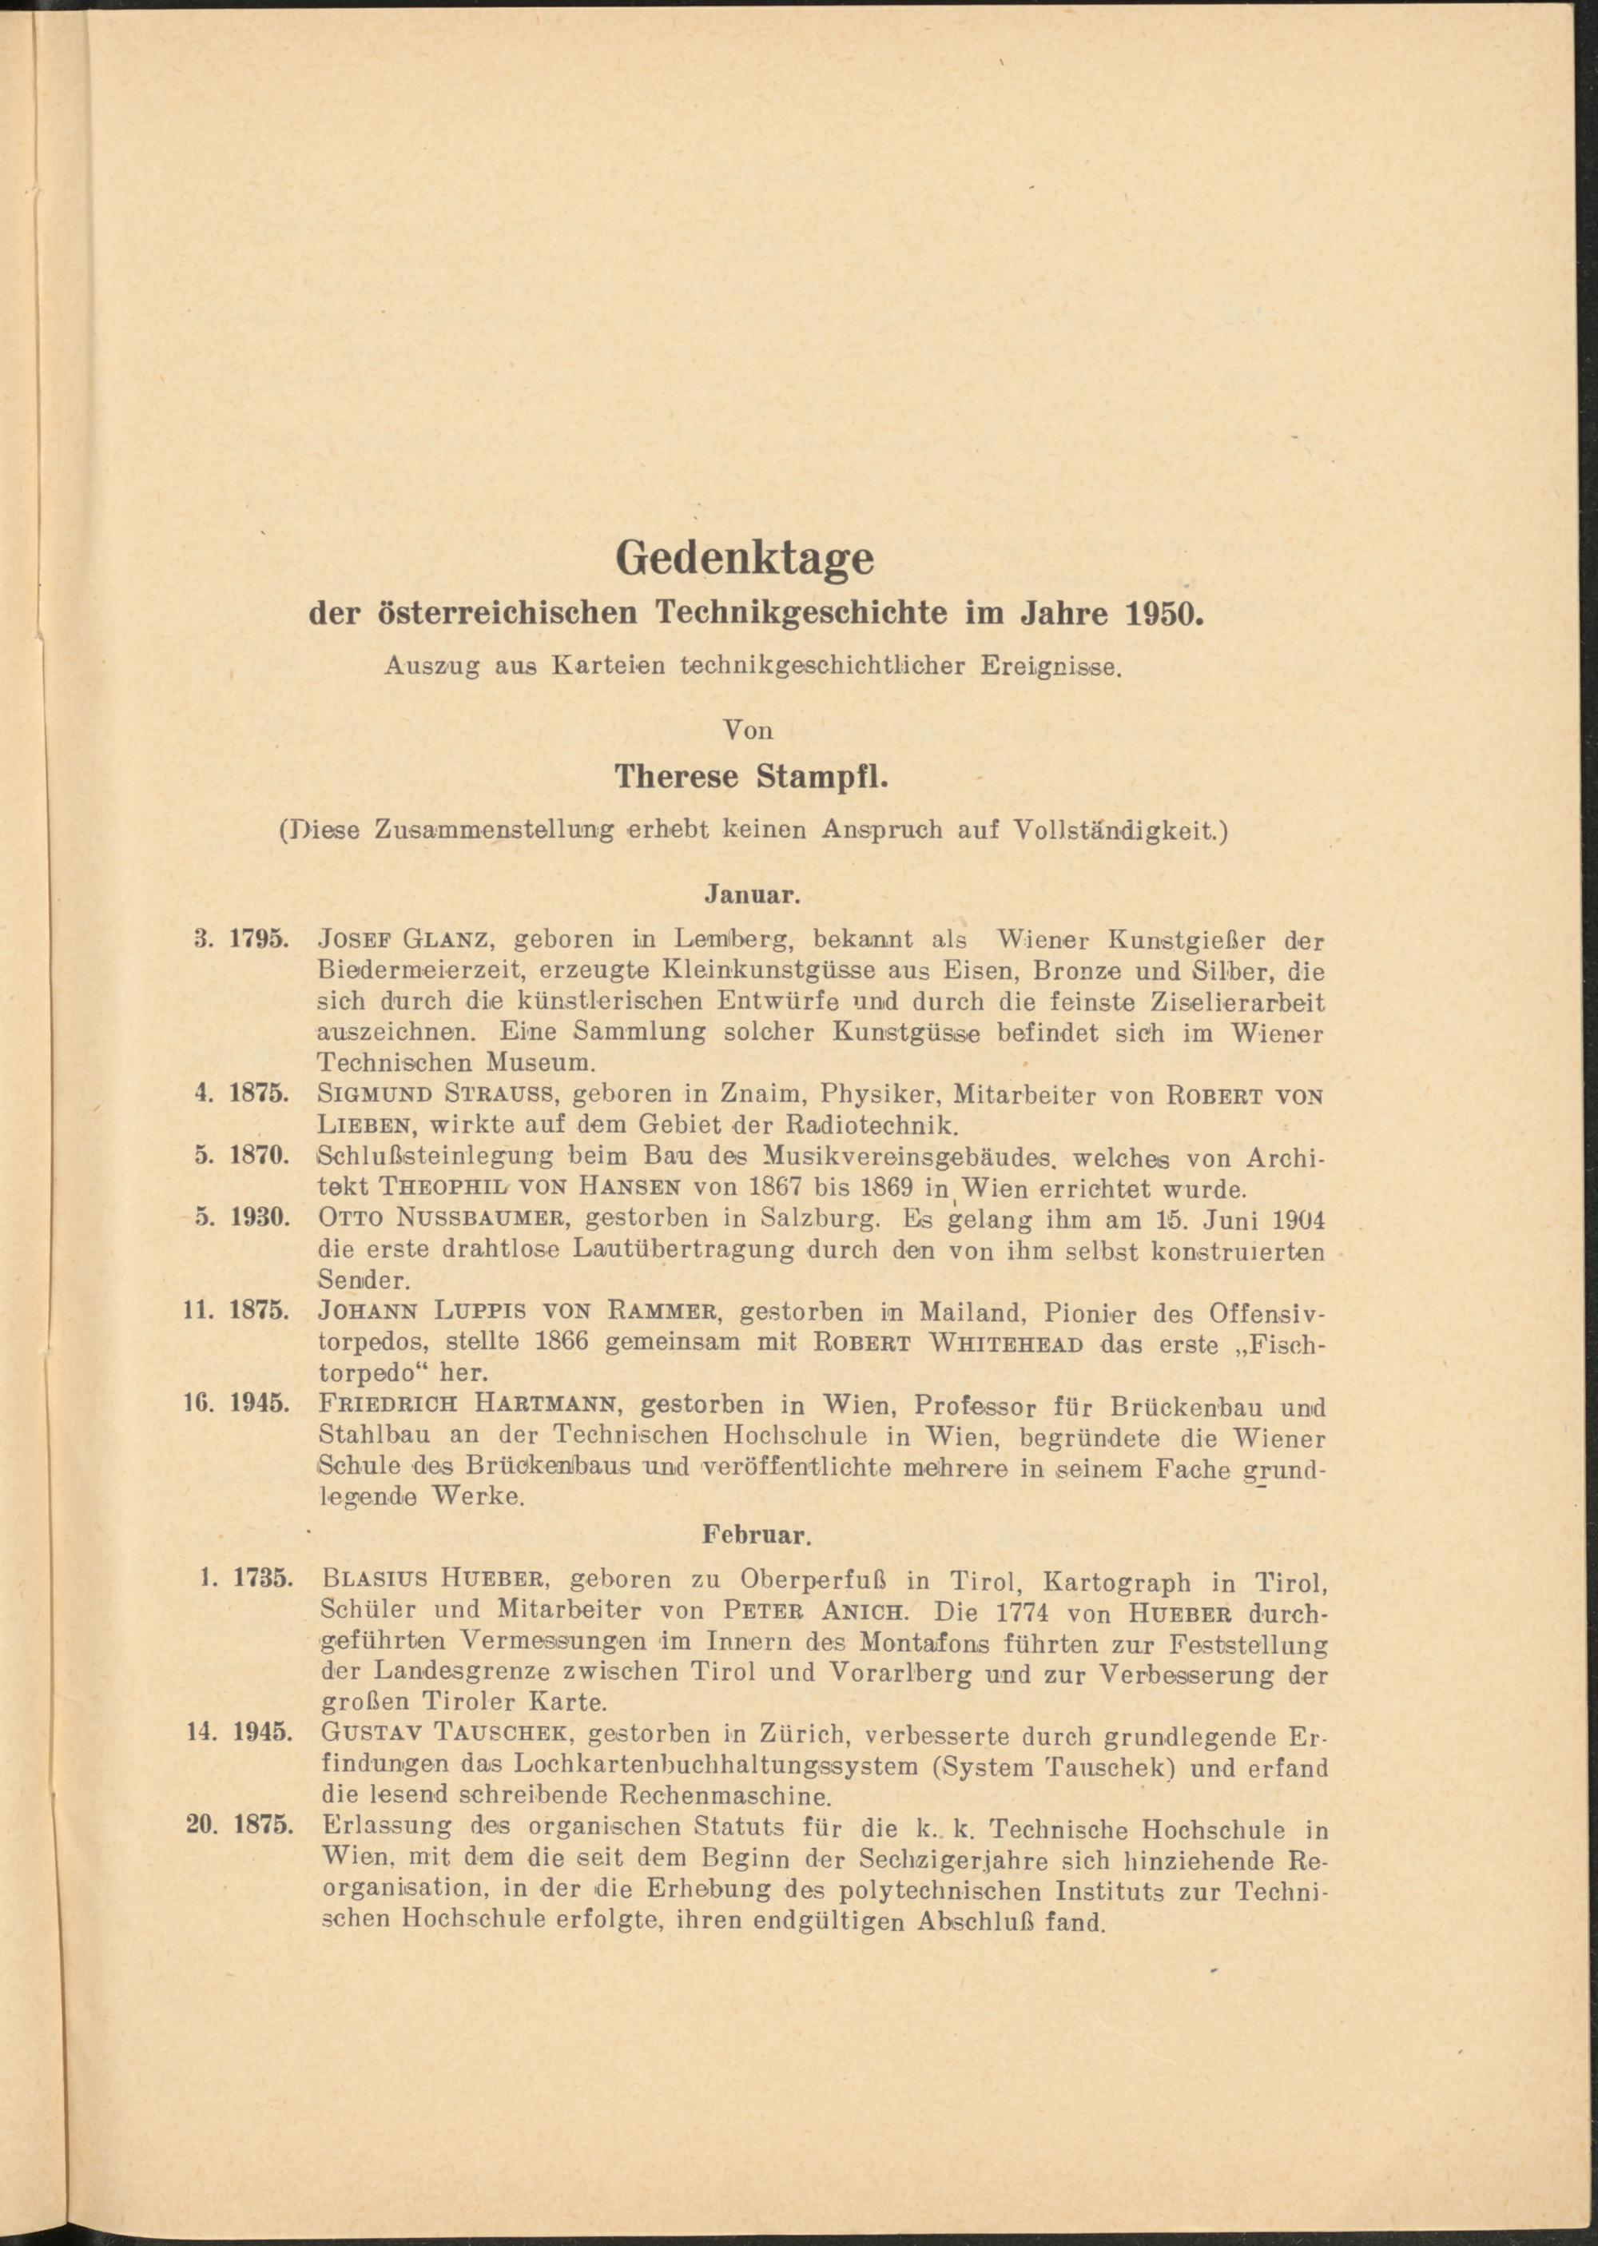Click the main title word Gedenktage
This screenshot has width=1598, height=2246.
coord(744,558)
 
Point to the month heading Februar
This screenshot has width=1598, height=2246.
coord(756,1533)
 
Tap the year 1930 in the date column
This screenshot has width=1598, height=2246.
coord(259,1217)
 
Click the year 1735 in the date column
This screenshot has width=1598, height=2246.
coord(263,1578)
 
